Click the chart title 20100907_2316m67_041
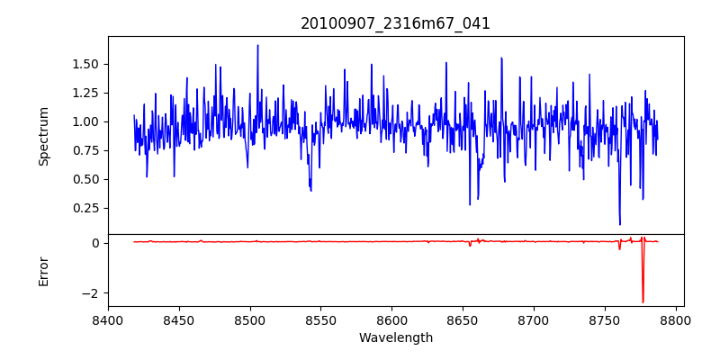pos(395,23)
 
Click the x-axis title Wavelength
pos(395,338)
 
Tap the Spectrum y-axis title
pos(44,136)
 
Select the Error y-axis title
pos(44,271)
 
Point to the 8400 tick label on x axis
pos(108,319)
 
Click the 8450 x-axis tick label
pos(179,319)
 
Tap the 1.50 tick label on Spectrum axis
pos(86,64)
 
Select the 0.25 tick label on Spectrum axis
pos(86,208)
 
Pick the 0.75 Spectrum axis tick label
pos(86,150)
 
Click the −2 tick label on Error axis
pos(90,293)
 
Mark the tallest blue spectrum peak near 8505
pos(257,46)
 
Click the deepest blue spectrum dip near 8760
pos(620,224)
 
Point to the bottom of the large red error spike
pos(643,302)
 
